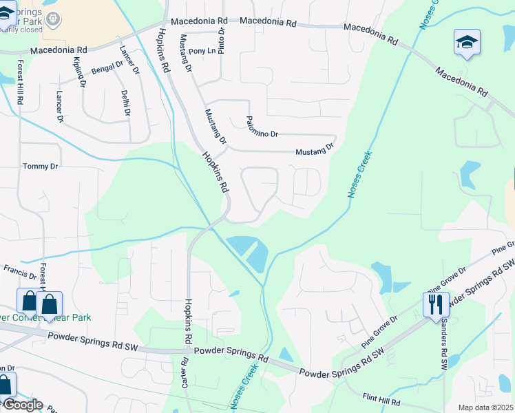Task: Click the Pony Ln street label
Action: pyautogui.click(x=202, y=51)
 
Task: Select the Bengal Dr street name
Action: pyautogui.click(x=106, y=69)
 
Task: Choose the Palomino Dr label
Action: pyautogui.click(x=262, y=125)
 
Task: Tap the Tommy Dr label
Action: pyautogui.click(x=41, y=167)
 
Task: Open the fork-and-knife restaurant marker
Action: pyautogui.click(x=435, y=304)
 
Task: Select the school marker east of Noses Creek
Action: pyautogui.click(x=467, y=42)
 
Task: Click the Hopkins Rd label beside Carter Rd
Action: pyautogui.click(x=187, y=322)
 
